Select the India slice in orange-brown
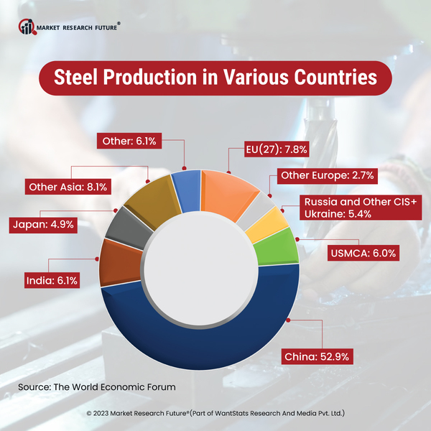114,261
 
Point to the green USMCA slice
281,248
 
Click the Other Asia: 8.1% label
68,187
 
